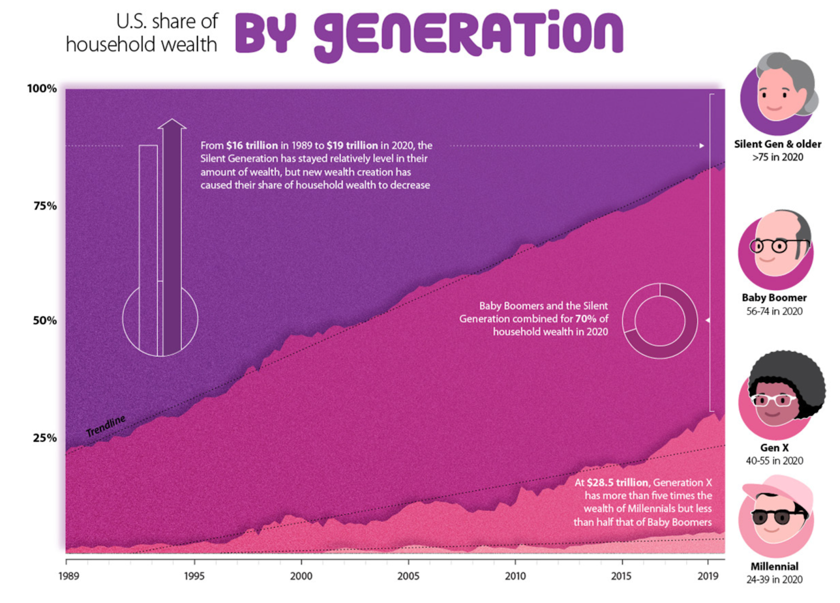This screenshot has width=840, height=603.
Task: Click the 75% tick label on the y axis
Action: [x=45, y=206]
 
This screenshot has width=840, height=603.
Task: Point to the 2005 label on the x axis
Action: [x=408, y=576]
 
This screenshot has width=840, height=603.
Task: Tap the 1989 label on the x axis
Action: [x=68, y=576]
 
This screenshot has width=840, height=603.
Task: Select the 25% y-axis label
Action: [x=45, y=438]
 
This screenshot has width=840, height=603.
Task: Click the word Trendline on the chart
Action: [x=106, y=425]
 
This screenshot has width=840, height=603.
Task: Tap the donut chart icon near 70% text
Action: [x=659, y=321]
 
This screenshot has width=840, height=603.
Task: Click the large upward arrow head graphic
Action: [x=172, y=124]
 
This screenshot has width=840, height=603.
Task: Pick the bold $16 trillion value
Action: [x=252, y=145]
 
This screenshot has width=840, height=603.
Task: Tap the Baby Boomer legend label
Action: [x=774, y=298]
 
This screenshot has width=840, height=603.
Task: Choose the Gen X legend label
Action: [x=774, y=448]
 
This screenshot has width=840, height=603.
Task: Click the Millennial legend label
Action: [x=774, y=566]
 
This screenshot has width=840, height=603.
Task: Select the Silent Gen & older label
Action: [x=777, y=144]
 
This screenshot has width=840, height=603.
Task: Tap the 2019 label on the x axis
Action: [x=708, y=576]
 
